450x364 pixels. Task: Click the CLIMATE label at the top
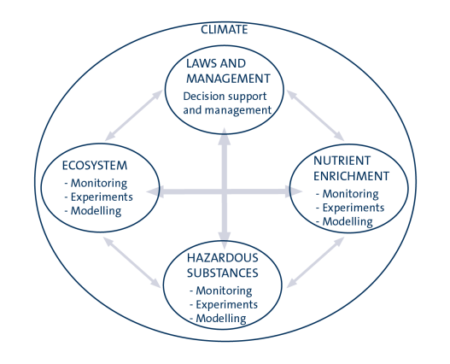pos(224,30)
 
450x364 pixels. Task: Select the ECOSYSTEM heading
pos(95,166)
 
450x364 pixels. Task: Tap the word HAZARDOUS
pos(222,258)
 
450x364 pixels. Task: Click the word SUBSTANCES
pos(222,273)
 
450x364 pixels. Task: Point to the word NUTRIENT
pos(342,161)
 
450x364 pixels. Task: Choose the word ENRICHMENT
pos(351,176)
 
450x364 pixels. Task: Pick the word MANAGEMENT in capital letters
pos(229,79)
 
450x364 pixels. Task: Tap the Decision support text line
pos(225,97)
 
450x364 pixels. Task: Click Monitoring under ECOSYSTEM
pos(99,183)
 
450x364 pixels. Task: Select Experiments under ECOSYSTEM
pos(102,197)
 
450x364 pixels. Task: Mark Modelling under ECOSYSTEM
pos(96,211)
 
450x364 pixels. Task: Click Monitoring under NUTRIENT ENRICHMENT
pos(350,194)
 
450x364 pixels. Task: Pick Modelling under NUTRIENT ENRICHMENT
pos(348,221)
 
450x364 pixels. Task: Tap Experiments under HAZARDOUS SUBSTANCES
pos(227,304)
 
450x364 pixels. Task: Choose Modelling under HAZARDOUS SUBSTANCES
pos(221,319)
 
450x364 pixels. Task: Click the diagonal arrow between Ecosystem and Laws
pos(133,115)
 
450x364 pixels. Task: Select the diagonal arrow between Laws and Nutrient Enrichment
pos(315,115)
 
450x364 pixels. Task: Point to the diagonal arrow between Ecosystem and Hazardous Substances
pos(132,262)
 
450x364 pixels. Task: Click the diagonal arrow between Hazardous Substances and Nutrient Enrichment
pos(315,262)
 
